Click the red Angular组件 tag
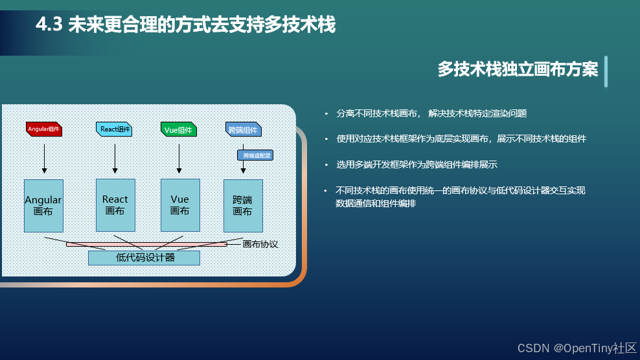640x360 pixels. [x=44, y=129]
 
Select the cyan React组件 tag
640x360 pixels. [x=115, y=129]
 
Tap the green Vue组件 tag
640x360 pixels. [x=178, y=129]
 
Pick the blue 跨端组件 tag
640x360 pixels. [x=243, y=129]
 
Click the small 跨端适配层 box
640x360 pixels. [x=255, y=155]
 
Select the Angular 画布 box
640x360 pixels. [x=43, y=205]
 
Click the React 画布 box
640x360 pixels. [x=115, y=205]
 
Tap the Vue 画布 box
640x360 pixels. [x=179, y=205]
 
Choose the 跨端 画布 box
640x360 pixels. [x=242, y=205]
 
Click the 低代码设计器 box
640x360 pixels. [x=144, y=258]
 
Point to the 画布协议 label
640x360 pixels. [x=260, y=244]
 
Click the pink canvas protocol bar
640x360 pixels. [x=146, y=244]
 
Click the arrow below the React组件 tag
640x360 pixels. [x=115, y=159]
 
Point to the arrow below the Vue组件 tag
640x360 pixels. [x=179, y=159]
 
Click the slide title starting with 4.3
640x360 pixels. [x=185, y=25]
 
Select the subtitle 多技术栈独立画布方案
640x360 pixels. [x=517, y=70]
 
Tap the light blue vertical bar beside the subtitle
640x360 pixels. [x=606, y=71]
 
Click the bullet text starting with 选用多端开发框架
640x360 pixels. [x=417, y=164]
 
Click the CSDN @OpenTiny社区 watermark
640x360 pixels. [x=577, y=348]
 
